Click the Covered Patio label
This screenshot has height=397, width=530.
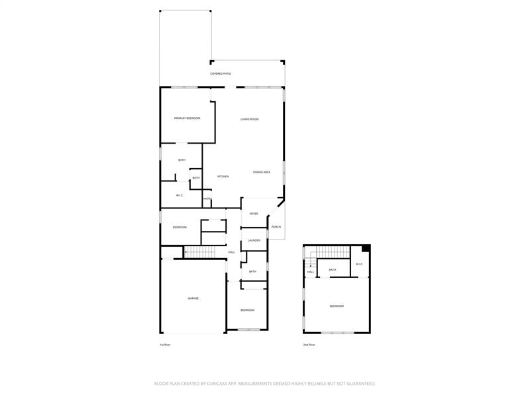[221, 73]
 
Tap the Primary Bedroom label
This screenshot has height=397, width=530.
[187, 118]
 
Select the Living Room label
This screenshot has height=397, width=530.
[249, 119]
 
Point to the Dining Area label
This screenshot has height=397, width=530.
[262, 172]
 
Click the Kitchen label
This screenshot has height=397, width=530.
[223, 177]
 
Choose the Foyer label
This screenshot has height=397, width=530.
[254, 214]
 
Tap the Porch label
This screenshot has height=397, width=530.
[276, 227]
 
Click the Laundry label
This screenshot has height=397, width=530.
[254, 240]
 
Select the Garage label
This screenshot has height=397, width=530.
[193, 298]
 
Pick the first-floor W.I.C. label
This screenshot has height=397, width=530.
[180, 195]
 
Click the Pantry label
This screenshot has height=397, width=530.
[207, 199]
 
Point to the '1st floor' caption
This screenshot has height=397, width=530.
[165, 345]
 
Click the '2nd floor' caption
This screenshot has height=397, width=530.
[309, 345]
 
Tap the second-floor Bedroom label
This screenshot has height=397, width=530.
[337, 306]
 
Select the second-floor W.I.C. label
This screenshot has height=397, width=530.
[359, 265]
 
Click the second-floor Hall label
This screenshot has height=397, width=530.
[310, 272]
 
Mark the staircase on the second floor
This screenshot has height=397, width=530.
[331, 252]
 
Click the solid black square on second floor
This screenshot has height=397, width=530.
[365, 249]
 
